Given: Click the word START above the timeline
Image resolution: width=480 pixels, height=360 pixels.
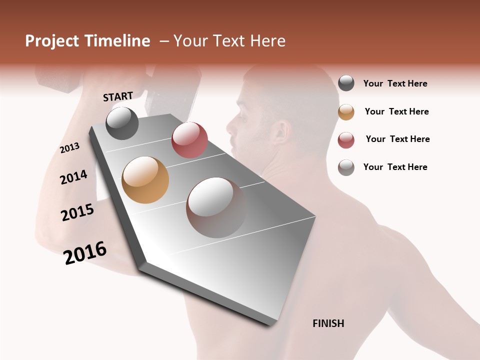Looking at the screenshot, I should pos(118,96).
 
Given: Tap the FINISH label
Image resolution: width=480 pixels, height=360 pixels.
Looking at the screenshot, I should pos(328,323).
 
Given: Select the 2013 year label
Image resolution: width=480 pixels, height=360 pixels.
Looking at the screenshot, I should pos(69,148).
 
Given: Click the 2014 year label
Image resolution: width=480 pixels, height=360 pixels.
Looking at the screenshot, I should pos(73,177).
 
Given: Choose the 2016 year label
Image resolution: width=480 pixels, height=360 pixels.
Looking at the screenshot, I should pos(85,253).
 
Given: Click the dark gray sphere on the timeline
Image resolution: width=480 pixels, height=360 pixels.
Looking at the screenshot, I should pos(122,123).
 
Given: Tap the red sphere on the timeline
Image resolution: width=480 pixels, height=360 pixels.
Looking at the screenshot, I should pos(189,139).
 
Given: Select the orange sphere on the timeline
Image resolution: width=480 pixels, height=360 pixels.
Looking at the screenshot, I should pos(145,180).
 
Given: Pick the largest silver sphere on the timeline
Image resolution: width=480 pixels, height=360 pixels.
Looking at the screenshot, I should pos(216,207).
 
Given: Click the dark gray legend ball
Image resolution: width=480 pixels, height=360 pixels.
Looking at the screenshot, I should pos(346,83).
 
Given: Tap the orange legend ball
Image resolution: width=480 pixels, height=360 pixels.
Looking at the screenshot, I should pos(346,112).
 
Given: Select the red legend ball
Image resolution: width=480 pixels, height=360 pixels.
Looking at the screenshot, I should pos(346,140).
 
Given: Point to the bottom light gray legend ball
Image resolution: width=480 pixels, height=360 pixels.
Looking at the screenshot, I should pos(346,167).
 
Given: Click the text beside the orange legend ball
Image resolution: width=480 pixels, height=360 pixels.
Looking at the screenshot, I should pos(396,111).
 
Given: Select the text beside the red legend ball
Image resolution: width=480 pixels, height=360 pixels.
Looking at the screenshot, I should pos(397,139).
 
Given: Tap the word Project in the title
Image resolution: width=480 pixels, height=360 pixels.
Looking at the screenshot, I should pos(51,41).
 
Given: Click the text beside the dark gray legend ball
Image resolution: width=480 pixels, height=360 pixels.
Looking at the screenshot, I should pos(395,83).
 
